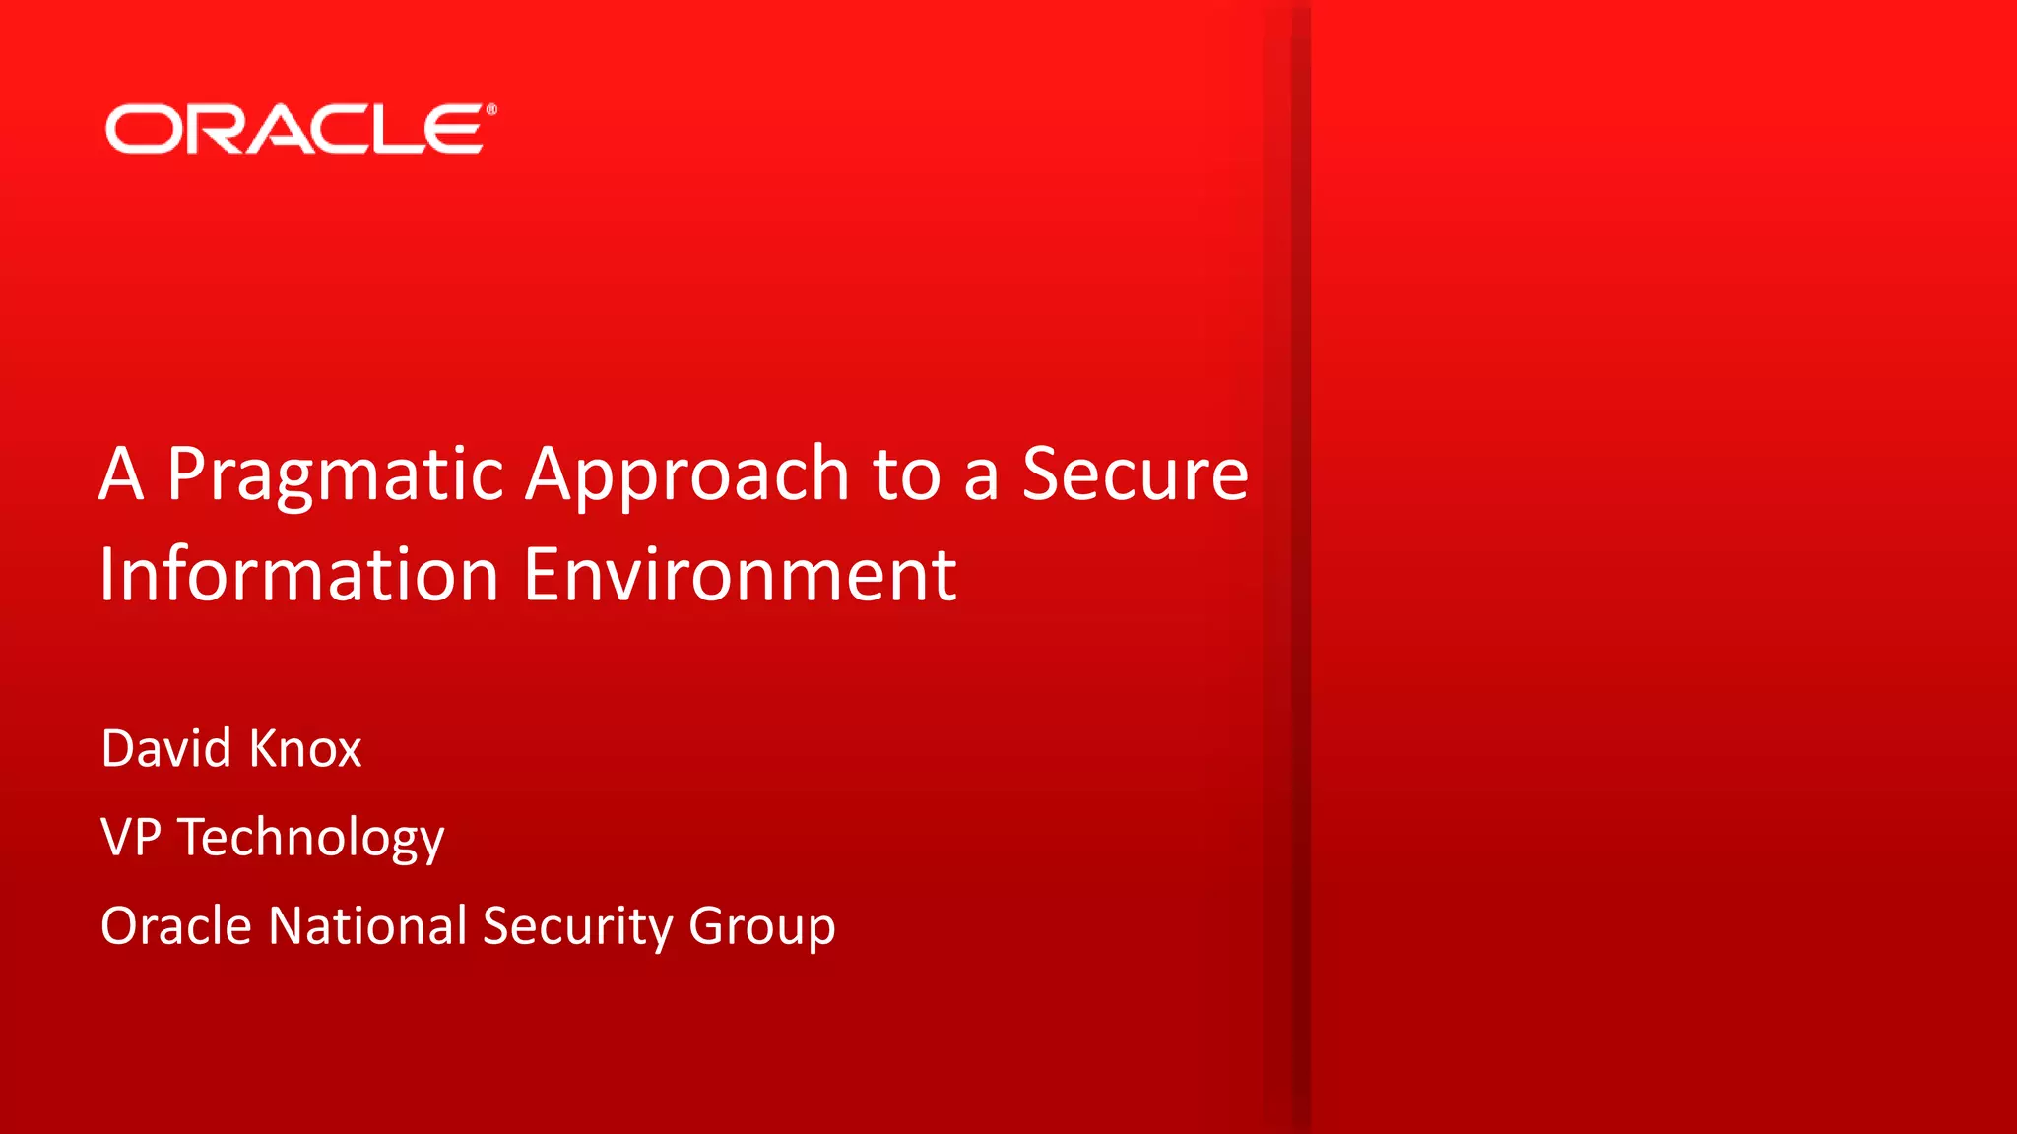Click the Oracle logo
[295, 129]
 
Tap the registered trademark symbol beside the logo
[491, 110]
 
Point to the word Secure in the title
[1135, 474]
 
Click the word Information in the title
[299, 575]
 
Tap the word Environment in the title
[740, 575]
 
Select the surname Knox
[305, 748]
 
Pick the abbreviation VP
[131, 837]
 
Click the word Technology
[311, 839]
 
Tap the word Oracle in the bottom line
[176, 926]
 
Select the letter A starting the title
[122, 475]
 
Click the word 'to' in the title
[906, 475]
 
